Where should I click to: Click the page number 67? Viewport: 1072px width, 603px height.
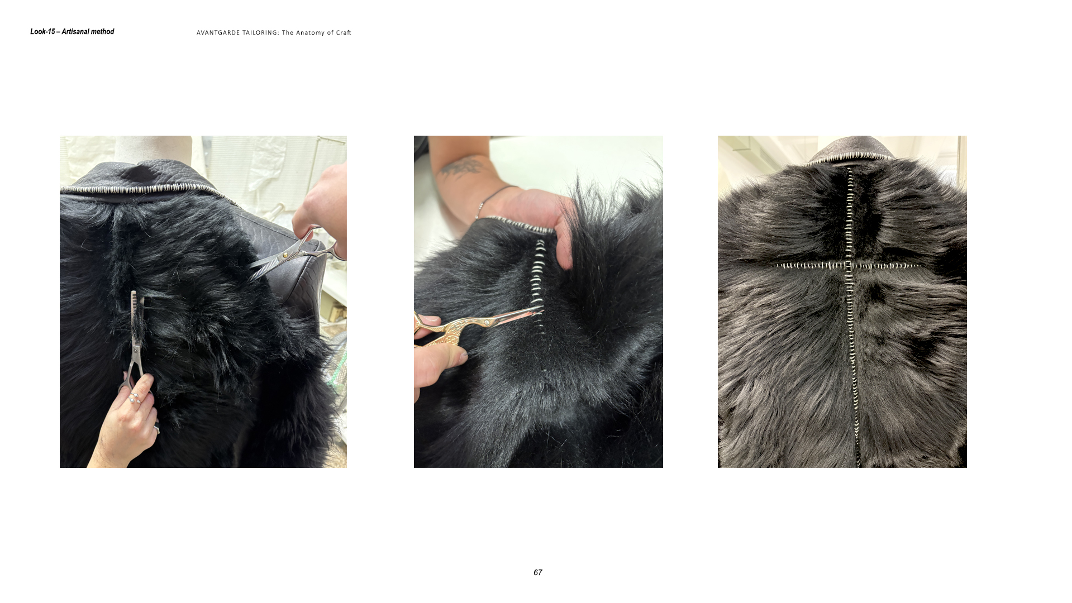(x=537, y=572)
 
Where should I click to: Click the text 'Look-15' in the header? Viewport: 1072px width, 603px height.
(x=42, y=32)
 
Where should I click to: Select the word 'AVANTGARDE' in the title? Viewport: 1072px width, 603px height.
(x=218, y=33)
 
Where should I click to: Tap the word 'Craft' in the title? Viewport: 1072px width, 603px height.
(x=344, y=33)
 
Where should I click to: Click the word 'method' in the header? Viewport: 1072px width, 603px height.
(x=101, y=32)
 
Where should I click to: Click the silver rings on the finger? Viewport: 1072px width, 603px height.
(x=135, y=398)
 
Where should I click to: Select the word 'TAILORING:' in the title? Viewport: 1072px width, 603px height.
(x=260, y=33)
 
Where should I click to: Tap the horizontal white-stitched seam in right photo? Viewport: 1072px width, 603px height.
(x=847, y=265)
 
